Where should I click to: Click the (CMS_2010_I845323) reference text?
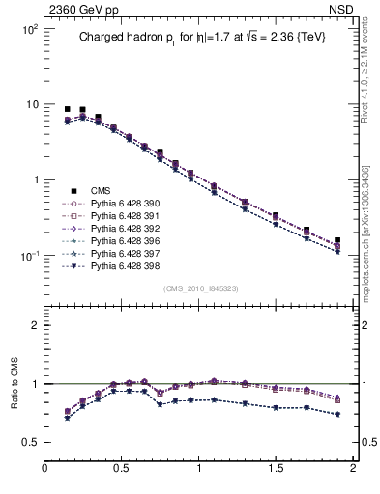coord(199,288)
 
